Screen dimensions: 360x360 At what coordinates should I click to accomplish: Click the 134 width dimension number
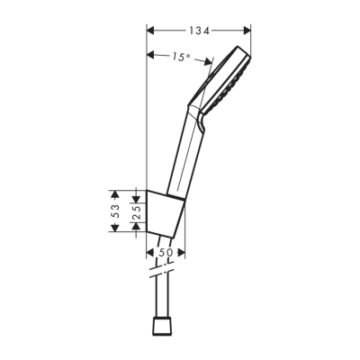(199, 31)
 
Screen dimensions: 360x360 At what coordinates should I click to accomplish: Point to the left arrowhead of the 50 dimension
(148, 263)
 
